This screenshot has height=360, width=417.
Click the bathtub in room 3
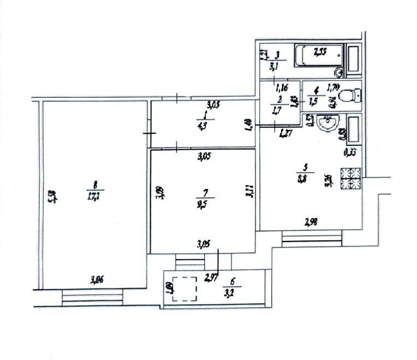coord(319,55)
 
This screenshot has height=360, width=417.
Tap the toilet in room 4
coord(348,97)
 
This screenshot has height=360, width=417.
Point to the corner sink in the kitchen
coord(327,124)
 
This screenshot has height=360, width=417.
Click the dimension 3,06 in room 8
coord(97,280)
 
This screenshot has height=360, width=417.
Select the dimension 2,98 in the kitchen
coord(311,221)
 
